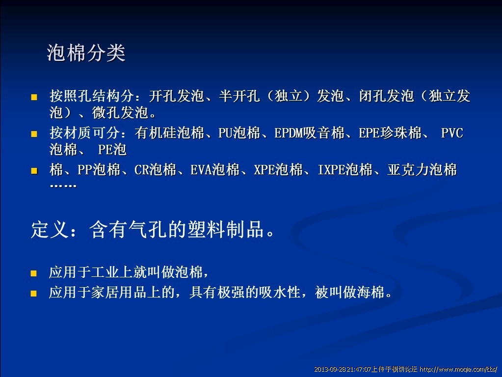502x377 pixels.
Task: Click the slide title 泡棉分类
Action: point(86,53)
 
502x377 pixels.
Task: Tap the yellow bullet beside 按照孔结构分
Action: point(34,97)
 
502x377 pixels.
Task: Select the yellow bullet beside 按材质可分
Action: point(34,134)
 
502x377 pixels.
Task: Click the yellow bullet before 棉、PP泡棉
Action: point(34,171)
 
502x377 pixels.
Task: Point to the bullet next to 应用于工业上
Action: point(34,273)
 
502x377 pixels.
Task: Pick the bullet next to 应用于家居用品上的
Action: point(34,294)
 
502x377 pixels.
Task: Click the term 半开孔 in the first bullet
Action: point(239,96)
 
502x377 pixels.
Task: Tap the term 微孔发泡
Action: point(120,112)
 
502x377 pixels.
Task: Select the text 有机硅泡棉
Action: point(169,133)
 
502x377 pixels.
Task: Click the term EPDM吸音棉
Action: point(309,133)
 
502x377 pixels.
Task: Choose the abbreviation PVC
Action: point(452,133)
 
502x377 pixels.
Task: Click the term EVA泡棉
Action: point(215,169)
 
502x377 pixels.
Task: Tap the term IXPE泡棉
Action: point(345,169)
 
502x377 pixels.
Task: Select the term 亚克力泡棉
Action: point(422,169)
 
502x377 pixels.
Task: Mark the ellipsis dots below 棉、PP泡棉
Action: point(63,186)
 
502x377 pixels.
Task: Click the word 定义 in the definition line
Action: point(50,229)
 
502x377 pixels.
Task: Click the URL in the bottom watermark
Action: point(458,369)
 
